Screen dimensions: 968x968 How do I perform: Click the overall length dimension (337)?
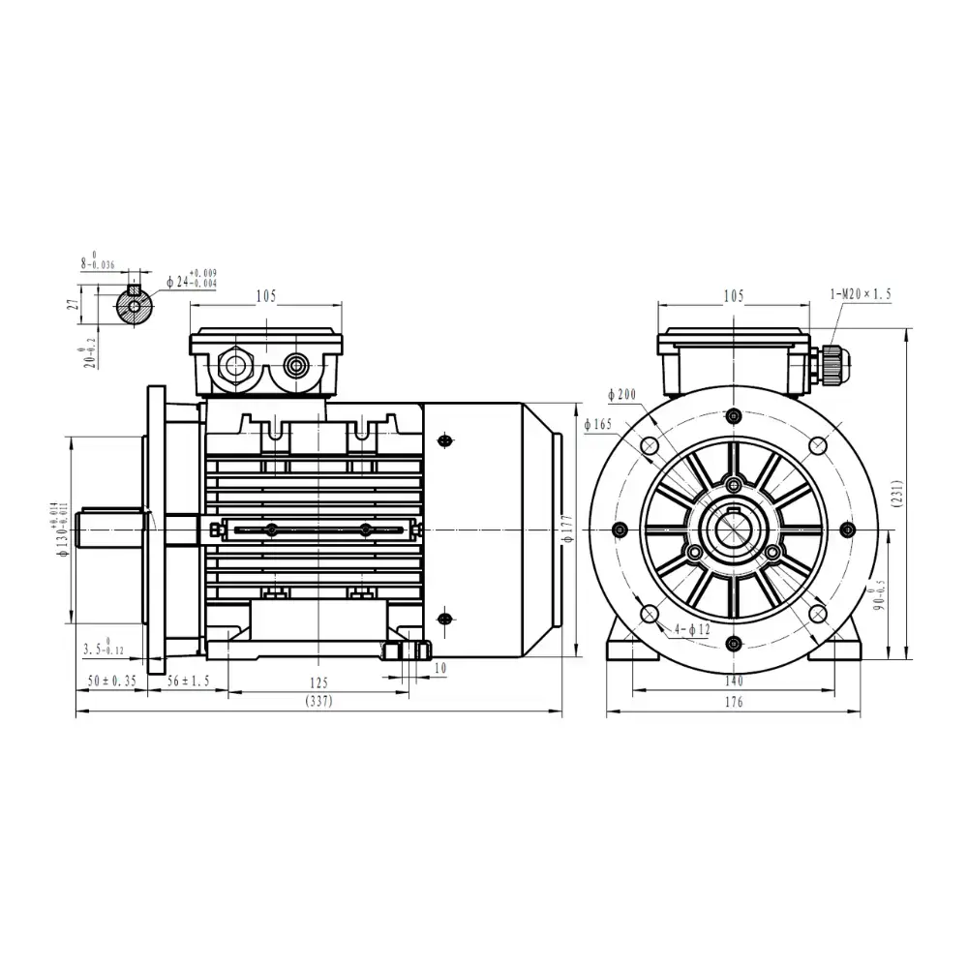coord(318,702)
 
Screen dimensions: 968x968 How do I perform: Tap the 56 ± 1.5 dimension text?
coord(189,681)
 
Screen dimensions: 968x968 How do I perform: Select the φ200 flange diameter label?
coord(621,395)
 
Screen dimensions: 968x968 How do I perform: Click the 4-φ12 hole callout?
coord(693,630)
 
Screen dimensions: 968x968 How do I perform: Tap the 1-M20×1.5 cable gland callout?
coord(862,293)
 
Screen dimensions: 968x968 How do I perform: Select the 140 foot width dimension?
coord(733,681)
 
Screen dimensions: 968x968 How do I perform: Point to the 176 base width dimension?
coord(733,703)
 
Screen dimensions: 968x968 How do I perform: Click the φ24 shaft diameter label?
coord(190,281)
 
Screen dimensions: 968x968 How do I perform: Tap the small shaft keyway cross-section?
coord(134,307)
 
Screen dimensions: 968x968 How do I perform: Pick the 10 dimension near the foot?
coord(440,668)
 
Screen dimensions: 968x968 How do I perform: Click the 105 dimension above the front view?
coord(733,296)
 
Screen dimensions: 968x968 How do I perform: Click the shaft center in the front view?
coord(733,529)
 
